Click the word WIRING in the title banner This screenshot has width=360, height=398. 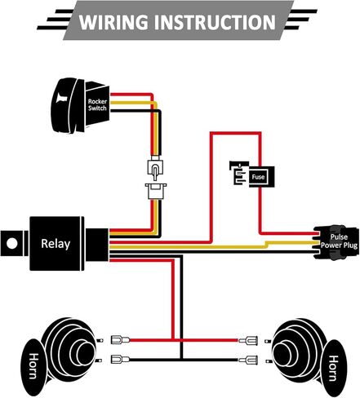[114, 22]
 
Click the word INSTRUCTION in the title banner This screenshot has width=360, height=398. [215, 22]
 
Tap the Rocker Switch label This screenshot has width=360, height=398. [97, 104]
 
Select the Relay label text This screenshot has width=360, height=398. [56, 244]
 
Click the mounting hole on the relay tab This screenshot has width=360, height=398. [12, 243]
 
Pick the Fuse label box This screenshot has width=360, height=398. [258, 177]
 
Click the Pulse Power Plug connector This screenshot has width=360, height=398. [336, 241]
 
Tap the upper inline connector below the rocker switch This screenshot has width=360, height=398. [155, 168]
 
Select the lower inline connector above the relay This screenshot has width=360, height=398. [156, 191]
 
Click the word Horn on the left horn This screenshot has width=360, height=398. [33, 365]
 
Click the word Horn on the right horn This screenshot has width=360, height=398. [334, 368]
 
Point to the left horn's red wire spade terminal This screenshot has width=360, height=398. [120, 339]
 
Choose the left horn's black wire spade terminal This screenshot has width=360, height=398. [120, 360]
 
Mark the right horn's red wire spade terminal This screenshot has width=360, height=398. [248, 340]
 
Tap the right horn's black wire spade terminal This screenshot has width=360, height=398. [248, 360]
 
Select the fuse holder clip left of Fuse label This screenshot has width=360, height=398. [239, 173]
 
